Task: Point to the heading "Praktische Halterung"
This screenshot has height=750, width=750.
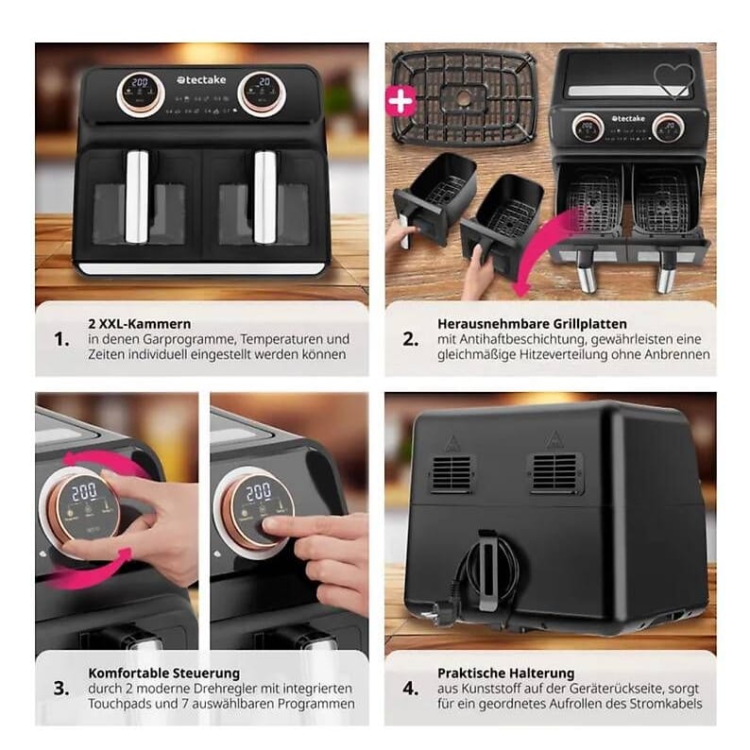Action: coord(505,673)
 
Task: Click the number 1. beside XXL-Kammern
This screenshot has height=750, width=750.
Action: coord(61,339)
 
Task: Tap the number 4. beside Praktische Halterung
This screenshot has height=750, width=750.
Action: coord(410,689)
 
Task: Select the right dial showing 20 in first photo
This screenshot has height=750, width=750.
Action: coord(258,93)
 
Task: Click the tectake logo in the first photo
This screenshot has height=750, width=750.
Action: coord(198,81)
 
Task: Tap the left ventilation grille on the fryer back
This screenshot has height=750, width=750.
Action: coord(452,473)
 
